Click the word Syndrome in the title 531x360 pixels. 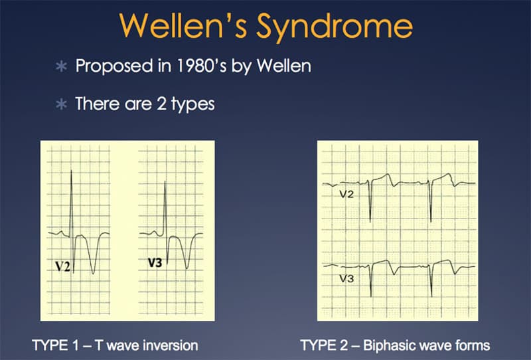click(x=335, y=27)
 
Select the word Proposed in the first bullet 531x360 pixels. click(x=114, y=66)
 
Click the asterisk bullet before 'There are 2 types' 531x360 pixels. click(x=61, y=104)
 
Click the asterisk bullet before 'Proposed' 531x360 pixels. click(x=61, y=66)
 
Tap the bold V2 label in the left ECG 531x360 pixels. click(x=62, y=266)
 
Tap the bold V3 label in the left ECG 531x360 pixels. click(x=155, y=262)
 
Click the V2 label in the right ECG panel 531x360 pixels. click(x=346, y=194)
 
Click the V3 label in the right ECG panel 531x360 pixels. click(x=346, y=279)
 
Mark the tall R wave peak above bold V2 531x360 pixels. click(x=71, y=171)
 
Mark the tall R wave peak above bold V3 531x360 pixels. click(x=165, y=182)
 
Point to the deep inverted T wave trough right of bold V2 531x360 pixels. click(x=94, y=273)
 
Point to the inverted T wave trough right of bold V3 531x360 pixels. click(x=187, y=268)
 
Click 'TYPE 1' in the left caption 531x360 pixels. click(x=55, y=345)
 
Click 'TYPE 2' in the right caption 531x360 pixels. click(x=324, y=345)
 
